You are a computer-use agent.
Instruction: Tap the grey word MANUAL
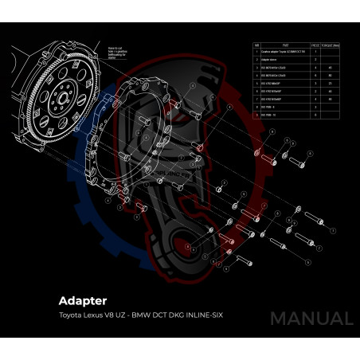coord(311,319)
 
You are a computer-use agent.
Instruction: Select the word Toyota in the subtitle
coord(72,316)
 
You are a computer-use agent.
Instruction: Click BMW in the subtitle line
coord(143,316)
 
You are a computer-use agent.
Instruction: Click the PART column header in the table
coord(285,45)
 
